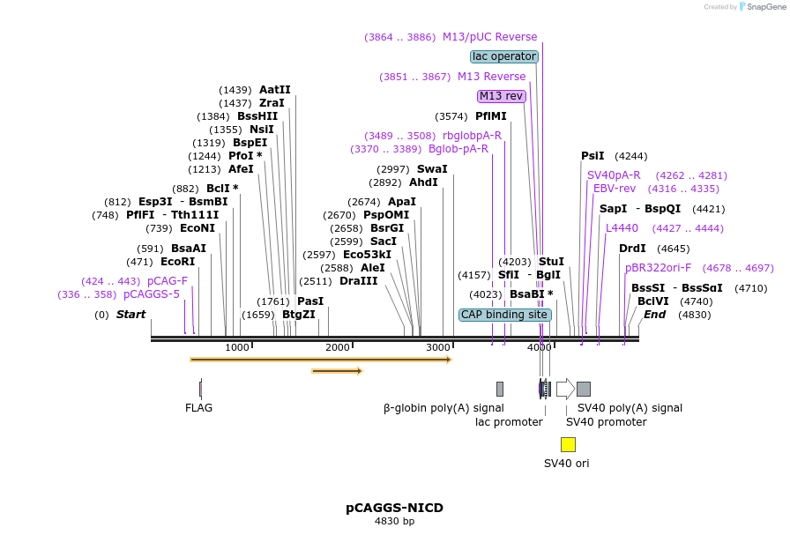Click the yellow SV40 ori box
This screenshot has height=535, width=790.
coord(568,444)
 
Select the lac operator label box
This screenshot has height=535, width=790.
coord(504,56)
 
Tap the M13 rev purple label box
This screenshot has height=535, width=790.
coord(501,96)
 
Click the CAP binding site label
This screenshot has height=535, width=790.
coord(505,315)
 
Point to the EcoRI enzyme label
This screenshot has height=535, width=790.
coord(178,262)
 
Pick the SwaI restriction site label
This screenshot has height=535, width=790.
coord(432,169)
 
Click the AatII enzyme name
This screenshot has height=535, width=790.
coord(274,90)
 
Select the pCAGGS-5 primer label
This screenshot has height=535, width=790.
coord(152,294)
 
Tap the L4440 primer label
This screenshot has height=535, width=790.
coord(622,228)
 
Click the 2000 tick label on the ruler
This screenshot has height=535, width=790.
coord(338,348)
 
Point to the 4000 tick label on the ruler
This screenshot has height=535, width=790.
coord(539,348)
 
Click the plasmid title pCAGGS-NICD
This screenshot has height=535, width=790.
coord(394,508)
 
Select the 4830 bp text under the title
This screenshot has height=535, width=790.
coord(394,522)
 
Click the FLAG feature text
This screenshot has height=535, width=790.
coord(198,408)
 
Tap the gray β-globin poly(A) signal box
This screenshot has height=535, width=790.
coord(500,389)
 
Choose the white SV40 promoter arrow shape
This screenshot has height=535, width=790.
coord(565,389)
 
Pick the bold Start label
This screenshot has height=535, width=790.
coord(130,315)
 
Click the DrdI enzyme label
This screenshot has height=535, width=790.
coord(631,249)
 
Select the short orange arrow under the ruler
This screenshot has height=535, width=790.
coord(337,371)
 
